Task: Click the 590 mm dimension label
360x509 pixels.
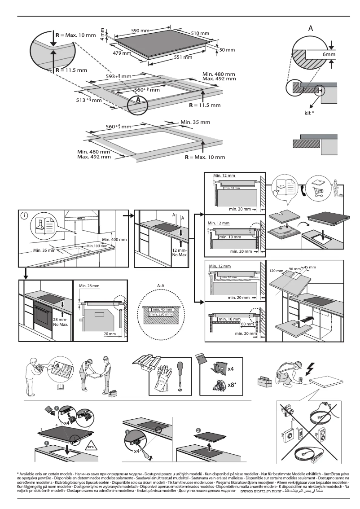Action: (x=140, y=31)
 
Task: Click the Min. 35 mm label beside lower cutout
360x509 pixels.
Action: (x=195, y=122)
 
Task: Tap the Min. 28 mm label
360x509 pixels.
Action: (x=88, y=285)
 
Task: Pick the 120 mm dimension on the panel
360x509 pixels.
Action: (x=277, y=272)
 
